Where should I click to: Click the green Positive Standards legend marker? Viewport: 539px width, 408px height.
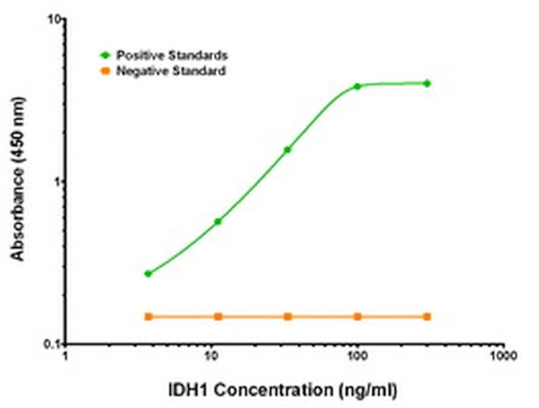[104, 55]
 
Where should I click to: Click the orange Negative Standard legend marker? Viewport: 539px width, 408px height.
[104, 71]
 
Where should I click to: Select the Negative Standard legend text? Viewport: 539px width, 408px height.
[170, 71]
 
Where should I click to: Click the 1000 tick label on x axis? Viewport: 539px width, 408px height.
[501, 357]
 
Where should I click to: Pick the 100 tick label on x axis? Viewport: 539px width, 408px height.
[357, 357]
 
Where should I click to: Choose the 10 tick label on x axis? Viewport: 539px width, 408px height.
[212, 357]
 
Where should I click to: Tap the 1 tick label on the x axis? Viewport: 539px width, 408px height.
[67, 357]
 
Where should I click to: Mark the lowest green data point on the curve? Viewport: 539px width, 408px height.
[148, 274]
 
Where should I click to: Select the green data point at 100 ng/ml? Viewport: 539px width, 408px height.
[357, 86]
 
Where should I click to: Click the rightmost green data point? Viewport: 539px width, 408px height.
[427, 83]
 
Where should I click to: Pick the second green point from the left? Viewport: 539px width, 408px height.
[218, 221]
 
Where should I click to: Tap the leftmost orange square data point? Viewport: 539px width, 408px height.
[148, 316]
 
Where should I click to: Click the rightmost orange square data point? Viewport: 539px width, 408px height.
[427, 316]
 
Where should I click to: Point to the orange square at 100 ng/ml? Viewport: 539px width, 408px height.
[357, 316]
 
